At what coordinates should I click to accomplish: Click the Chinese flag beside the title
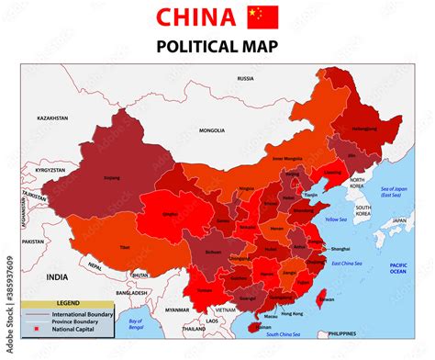(262, 17)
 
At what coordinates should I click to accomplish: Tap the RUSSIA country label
(245, 79)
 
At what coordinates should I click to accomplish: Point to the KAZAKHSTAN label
(53, 118)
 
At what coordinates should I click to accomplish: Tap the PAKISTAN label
(33, 241)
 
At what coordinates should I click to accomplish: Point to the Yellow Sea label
(336, 219)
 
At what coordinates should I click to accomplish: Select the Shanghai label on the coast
(340, 249)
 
